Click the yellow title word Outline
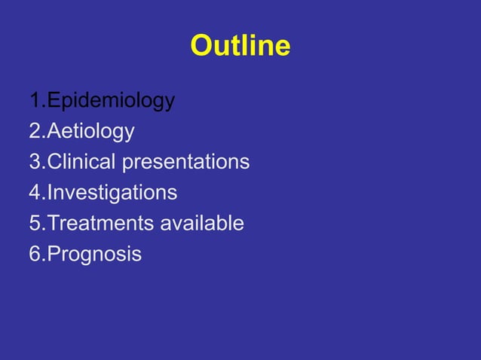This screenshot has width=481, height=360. (x=240, y=46)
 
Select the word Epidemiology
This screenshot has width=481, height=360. (x=111, y=101)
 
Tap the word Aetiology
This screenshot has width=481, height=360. (x=90, y=132)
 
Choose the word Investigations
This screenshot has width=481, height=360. (x=112, y=193)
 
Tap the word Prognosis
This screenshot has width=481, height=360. (x=94, y=255)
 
